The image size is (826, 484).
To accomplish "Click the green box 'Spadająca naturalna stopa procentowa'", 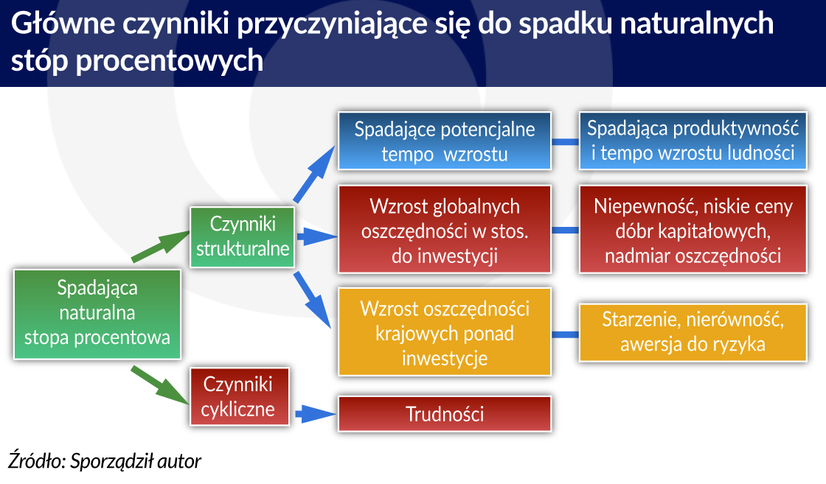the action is click(x=97, y=314).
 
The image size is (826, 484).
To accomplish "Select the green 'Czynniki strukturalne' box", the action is click(x=243, y=236).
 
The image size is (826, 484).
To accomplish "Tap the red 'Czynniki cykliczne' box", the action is click(x=240, y=396).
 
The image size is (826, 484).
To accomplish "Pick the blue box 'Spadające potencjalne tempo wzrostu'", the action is click(x=445, y=141).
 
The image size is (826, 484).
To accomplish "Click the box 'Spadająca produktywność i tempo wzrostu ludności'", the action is click(x=693, y=141).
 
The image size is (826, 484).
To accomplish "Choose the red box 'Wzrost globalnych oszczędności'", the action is click(x=445, y=229).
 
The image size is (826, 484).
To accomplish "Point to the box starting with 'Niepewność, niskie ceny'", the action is click(x=693, y=229).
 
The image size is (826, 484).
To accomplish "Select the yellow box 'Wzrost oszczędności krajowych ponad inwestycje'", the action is click(x=445, y=332).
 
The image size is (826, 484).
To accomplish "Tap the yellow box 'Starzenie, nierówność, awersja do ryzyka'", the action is click(x=693, y=332).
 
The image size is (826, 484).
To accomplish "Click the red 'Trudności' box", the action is click(x=445, y=414).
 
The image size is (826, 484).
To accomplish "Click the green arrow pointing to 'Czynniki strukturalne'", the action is click(x=161, y=245).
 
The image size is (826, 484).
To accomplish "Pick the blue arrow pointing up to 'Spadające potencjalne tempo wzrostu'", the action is click(x=314, y=174).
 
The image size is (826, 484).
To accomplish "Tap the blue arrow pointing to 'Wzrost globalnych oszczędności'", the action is click(x=317, y=236).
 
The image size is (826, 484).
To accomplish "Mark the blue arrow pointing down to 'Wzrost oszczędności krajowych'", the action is click(x=313, y=300).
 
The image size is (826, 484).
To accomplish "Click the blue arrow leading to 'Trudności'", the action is click(x=316, y=414).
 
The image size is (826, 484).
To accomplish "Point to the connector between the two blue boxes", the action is click(x=565, y=141).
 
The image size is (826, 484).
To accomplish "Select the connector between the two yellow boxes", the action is click(x=565, y=334).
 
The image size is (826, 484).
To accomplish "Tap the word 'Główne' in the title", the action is click(x=63, y=24).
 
